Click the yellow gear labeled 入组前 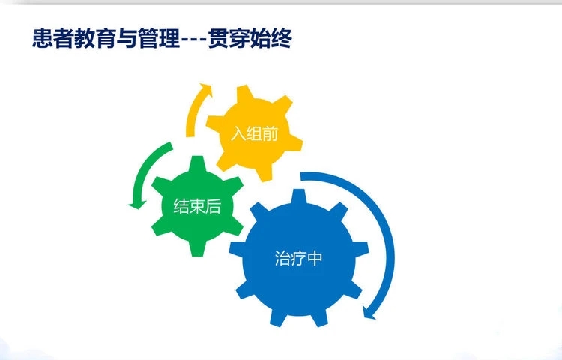pos(255,133)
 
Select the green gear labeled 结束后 pos(197,206)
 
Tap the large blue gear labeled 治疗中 pos(298,258)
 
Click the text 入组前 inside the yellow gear pos(255,133)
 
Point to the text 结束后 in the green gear pos(197,206)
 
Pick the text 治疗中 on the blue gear pos(298,258)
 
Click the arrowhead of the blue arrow pos(369,313)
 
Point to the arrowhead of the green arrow pos(137,205)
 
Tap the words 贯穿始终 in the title pos(250,38)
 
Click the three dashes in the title pos(193,40)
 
